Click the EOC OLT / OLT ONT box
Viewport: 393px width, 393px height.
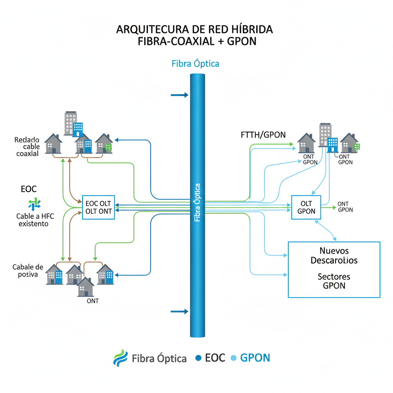(x=99, y=207)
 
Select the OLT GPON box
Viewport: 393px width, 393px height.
(x=306, y=207)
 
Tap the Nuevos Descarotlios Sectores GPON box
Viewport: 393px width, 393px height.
(x=334, y=269)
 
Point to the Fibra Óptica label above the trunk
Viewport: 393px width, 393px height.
(x=195, y=63)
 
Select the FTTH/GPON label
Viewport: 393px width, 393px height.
(x=263, y=135)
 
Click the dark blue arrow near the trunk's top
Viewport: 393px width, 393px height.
(x=179, y=95)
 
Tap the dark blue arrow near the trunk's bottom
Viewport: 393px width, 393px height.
(x=179, y=311)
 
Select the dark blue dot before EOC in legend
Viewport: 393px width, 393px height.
(x=198, y=358)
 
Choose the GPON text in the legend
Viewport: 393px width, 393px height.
(x=255, y=358)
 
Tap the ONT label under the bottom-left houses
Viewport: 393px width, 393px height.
(x=92, y=301)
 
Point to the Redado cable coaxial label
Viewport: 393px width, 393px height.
(x=27, y=147)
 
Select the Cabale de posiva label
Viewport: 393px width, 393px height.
(x=28, y=271)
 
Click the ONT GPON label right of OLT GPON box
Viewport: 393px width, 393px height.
(x=345, y=207)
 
